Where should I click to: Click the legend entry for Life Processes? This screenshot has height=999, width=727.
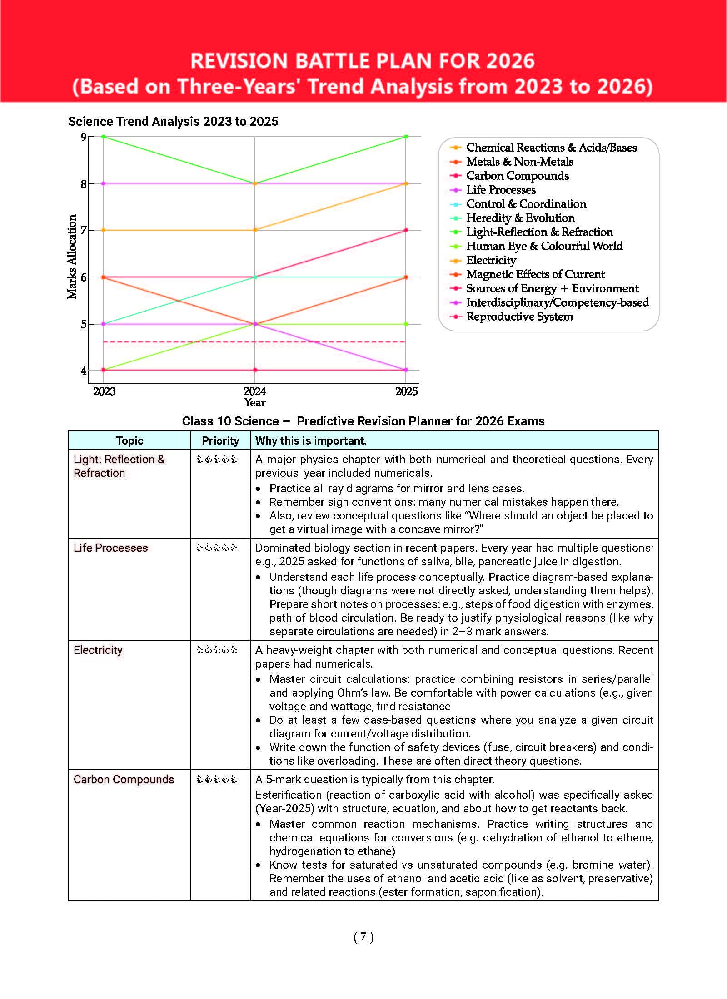pos(501,190)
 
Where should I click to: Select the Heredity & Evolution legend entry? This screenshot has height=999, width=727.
pos(520,218)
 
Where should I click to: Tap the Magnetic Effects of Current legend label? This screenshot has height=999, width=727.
pos(535,274)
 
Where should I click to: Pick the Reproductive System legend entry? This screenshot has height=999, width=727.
pos(519,317)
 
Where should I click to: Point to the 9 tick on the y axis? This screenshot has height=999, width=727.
pos(84,137)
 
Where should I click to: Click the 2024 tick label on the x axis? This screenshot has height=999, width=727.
pos(254,391)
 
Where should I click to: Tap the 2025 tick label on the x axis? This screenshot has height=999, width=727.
pos(406,391)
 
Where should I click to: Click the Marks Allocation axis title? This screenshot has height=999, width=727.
pos(72,257)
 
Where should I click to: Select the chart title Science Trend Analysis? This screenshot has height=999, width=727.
pos(173,122)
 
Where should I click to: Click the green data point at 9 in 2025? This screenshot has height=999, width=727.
pos(406,137)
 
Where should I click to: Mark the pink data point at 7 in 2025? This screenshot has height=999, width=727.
pos(406,230)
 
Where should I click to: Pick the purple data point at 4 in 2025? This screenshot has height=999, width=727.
pos(406,370)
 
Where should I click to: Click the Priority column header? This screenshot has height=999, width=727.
pos(220,440)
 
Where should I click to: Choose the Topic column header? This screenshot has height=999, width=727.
pos(129,440)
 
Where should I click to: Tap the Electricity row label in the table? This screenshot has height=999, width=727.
pos(98,650)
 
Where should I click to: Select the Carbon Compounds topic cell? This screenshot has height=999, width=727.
pos(124,780)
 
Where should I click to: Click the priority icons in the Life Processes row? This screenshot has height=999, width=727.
pos(217,548)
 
